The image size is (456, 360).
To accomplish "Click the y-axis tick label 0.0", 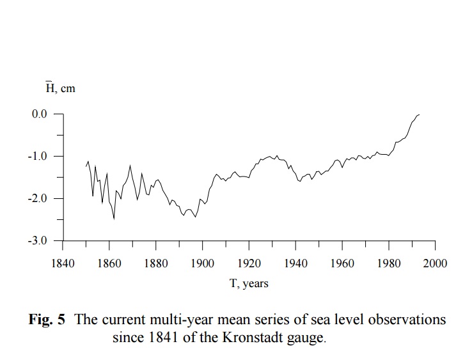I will pos(39,114).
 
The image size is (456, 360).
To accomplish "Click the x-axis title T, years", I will pos(249,284).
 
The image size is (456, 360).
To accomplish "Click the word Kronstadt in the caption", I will pos(246,338).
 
